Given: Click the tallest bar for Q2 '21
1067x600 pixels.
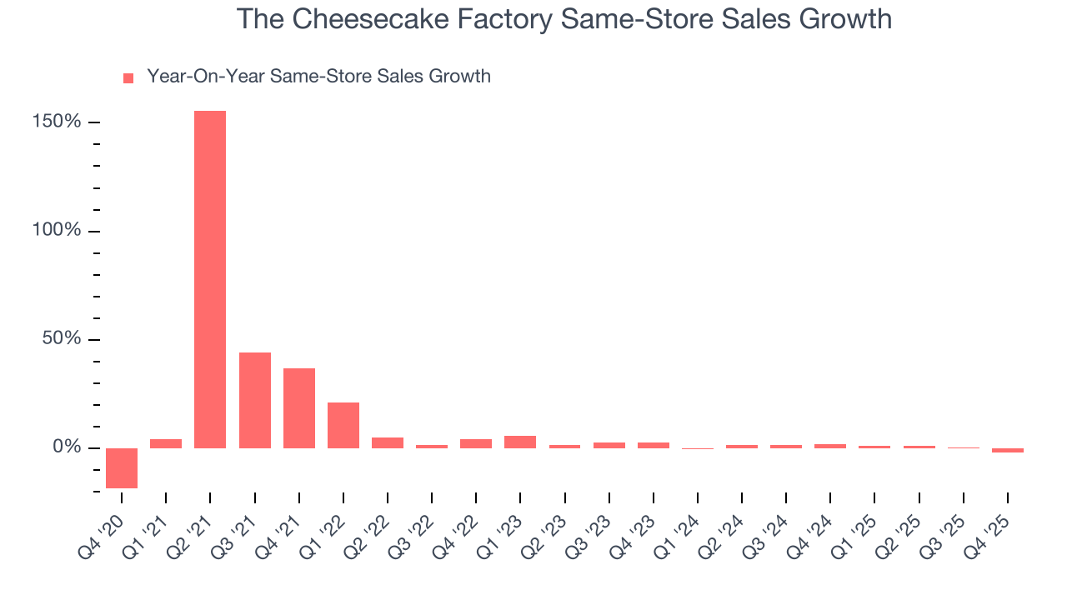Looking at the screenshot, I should (210, 279).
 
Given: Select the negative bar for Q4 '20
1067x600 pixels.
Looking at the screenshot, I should (122, 467).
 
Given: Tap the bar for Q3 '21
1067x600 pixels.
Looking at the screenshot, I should (254, 400).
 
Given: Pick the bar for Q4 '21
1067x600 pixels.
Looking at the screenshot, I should (298, 407).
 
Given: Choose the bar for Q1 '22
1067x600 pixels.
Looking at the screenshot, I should (343, 425).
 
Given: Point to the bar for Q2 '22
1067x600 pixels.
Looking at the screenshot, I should (388, 442).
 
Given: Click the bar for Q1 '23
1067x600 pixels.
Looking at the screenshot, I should (520, 442).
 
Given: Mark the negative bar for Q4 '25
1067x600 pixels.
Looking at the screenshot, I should (1007, 450).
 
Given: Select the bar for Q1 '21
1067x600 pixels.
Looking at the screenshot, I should (166, 443).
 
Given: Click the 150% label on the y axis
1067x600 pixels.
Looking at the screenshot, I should (58, 122).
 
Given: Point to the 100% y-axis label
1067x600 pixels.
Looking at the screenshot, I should (58, 231).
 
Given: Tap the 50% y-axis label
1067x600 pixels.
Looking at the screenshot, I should (62, 339).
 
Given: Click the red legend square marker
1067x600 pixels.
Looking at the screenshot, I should (128, 78).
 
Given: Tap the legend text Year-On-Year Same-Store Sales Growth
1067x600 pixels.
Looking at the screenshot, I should (318, 77).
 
